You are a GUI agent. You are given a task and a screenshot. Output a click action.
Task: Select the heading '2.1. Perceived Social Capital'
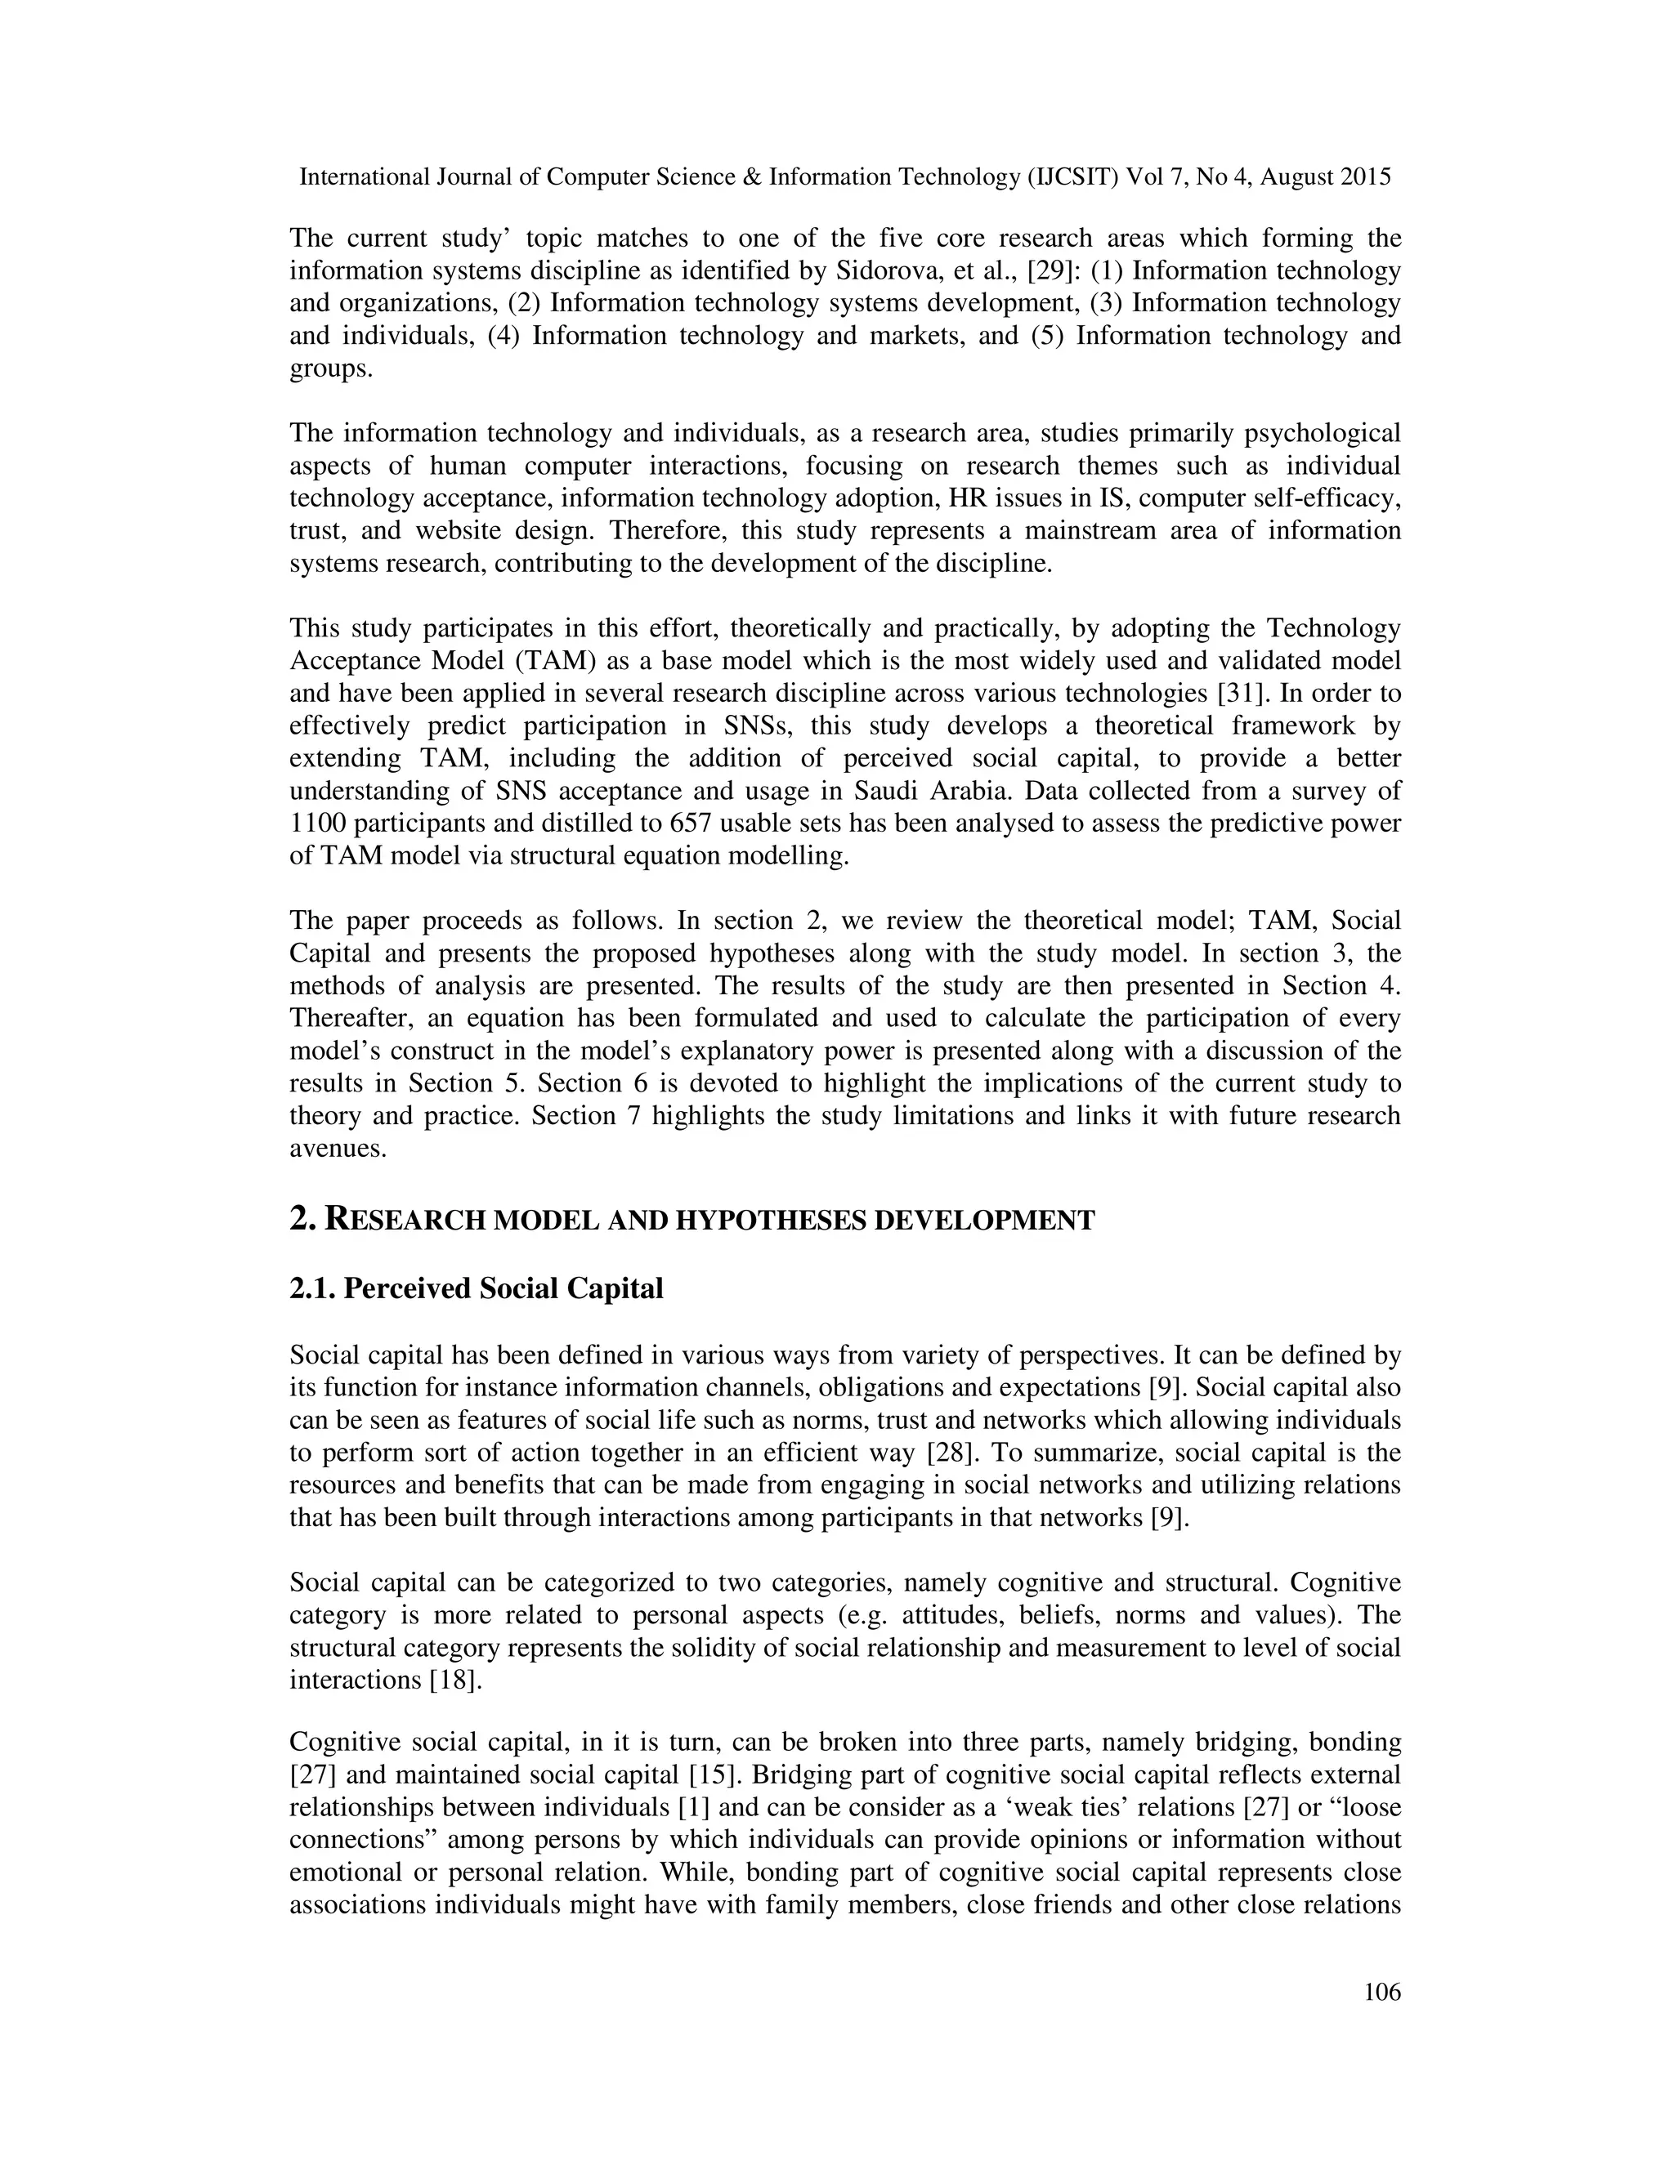pos(476,1288)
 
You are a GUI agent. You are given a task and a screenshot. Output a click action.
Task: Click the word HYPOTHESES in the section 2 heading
pos(768,1221)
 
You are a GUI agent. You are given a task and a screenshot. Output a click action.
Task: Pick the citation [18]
pos(455,1681)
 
